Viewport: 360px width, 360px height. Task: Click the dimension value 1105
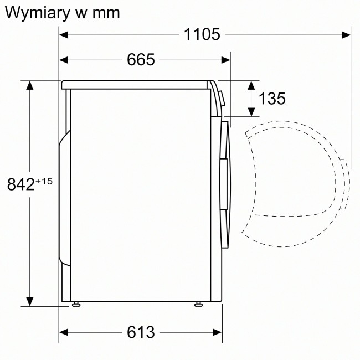202,34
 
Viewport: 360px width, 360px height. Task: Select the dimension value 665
140,60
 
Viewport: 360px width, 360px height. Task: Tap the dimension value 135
272,99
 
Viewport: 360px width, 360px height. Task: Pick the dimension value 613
140,332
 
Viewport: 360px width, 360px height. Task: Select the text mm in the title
105,12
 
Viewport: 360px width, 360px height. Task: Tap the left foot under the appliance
75,304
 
